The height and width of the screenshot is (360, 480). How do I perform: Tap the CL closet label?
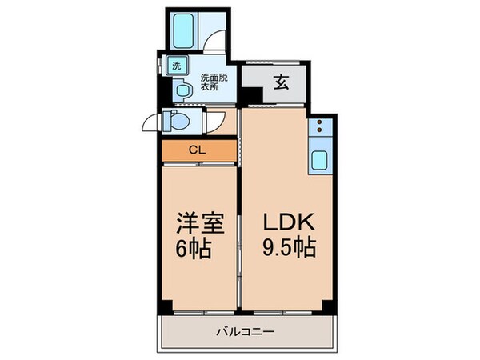(195, 149)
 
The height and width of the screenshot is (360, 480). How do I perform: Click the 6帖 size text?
(194, 249)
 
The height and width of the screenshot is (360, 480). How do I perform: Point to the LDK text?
(285, 223)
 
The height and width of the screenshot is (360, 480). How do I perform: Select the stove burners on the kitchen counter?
(319, 127)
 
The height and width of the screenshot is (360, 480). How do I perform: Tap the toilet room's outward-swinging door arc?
(150, 122)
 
